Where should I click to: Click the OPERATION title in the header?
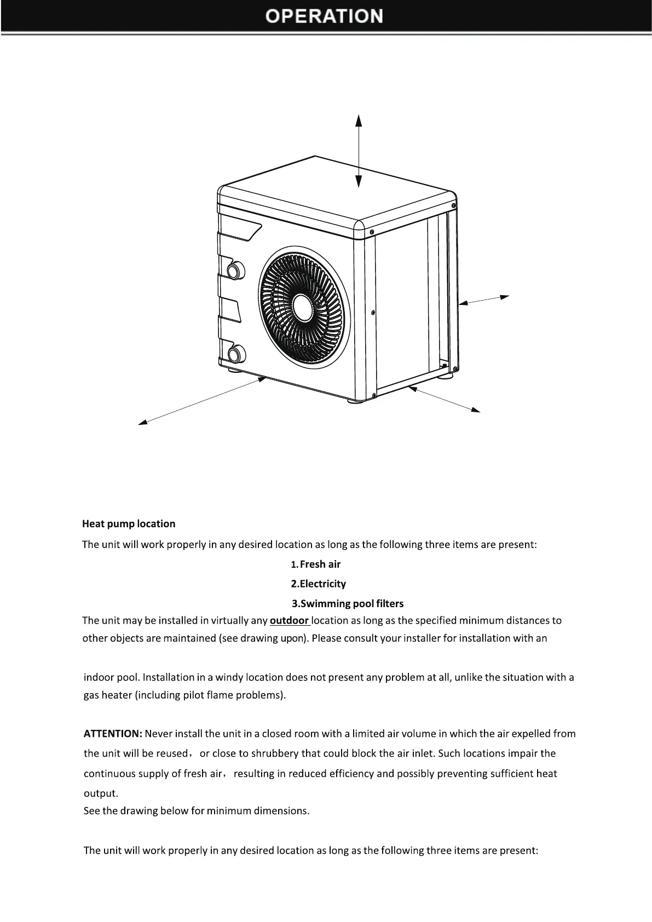(x=324, y=16)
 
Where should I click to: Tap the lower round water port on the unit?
(x=236, y=353)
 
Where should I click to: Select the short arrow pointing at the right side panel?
(x=484, y=299)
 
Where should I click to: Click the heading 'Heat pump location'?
(x=129, y=524)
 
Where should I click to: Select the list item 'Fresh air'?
(x=320, y=564)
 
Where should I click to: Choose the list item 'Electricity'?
(x=322, y=584)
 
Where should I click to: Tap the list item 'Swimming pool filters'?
(x=351, y=604)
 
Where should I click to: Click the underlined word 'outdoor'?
(x=290, y=621)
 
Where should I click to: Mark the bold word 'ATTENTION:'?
(x=113, y=734)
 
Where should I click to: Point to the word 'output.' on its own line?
(x=101, y=793)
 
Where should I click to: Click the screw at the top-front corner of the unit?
(x=372, y=232)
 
